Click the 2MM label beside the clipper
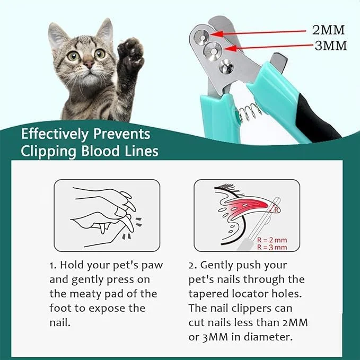(x=328, y=30)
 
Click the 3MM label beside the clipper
(x=331, y=46)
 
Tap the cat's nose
(x=89, y=64)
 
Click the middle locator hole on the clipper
(x=213, y=51)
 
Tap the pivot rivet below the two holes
(x=226, y=66)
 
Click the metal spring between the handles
(x=249, y=112)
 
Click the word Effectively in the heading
(x=55, y=134)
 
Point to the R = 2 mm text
(x=272, y=240)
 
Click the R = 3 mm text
(x=272, y=247)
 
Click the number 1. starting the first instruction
(x=53, y=266)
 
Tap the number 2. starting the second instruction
(x=192, y=266)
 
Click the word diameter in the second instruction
(x=268, y=337)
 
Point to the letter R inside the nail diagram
(x=276, y=210)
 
